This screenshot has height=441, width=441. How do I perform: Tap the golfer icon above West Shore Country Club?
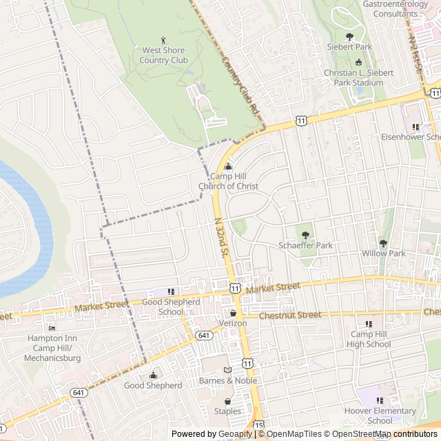(163, 40)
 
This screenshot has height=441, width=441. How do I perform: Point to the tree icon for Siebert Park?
(349, 37)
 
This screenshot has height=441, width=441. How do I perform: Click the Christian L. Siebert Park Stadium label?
(358, 77)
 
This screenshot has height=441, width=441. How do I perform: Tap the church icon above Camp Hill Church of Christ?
(229, 166)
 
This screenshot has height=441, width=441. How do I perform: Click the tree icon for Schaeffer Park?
(305, 235)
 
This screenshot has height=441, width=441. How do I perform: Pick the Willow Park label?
(383, 253)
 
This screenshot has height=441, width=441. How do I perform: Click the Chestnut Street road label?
(290, 315)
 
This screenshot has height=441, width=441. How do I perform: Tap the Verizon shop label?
(233, 323)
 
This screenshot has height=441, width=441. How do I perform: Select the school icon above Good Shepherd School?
(171, 291)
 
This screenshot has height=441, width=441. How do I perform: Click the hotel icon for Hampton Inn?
(52, 328)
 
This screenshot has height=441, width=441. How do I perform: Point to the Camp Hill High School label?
(369, 339)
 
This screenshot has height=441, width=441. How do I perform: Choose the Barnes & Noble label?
(228, 380)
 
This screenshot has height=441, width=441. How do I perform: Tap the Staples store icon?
(227, 401)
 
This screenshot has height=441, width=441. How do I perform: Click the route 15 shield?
(258, 424)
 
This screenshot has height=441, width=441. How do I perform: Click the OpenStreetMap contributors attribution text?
(387, 434)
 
